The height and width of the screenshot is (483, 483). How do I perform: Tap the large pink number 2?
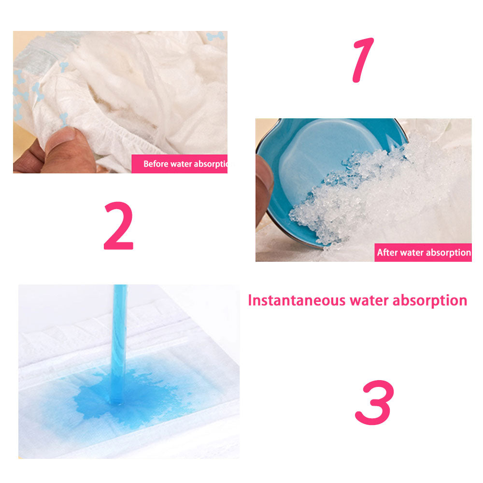pyautogui.click(x=119, y=226)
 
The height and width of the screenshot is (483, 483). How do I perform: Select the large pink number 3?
pyautogui.click(x=375, y=402)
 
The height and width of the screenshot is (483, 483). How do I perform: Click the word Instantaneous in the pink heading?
pyautogui.click(x=297, y=300)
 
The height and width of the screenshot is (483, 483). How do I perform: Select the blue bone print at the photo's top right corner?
pyautogui.click(x=215, y=36)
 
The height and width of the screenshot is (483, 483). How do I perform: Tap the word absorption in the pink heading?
pyautogui.click(x=430, y=301)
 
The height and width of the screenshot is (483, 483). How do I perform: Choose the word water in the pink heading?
pyautogui.click(x=369, y=300)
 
